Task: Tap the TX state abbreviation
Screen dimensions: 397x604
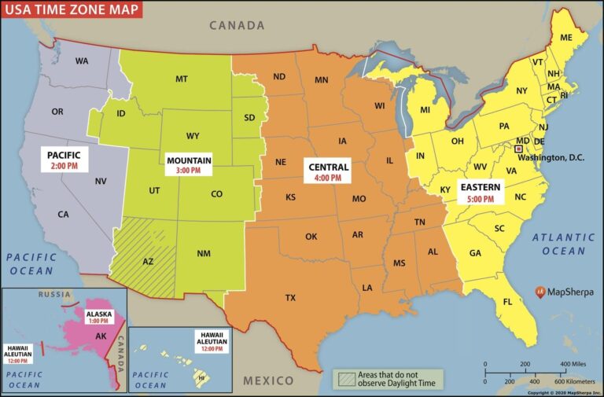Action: tap(290, 298)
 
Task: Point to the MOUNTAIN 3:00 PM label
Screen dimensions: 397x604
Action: tap(188, 164)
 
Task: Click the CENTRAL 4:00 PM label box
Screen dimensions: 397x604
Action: tap(329, 172)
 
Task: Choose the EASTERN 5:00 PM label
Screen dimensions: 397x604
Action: tap(478, 193)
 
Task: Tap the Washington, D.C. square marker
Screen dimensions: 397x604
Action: tap(518, 149)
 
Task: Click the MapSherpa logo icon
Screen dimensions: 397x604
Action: tap(541, 292)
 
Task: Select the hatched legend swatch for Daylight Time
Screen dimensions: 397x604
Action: tap(344, 378)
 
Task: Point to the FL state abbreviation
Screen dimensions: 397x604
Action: tap(508, 302)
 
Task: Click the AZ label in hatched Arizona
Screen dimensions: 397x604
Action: tap(148, 261)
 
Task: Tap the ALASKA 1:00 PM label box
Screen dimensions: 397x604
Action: tap(100, 317)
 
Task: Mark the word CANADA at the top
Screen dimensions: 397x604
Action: tap(237, 25)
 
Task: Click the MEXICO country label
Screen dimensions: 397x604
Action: tap(268, 380)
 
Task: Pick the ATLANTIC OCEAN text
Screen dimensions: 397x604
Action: tap(563, 244)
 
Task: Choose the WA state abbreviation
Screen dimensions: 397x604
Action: tap(82, 61)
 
